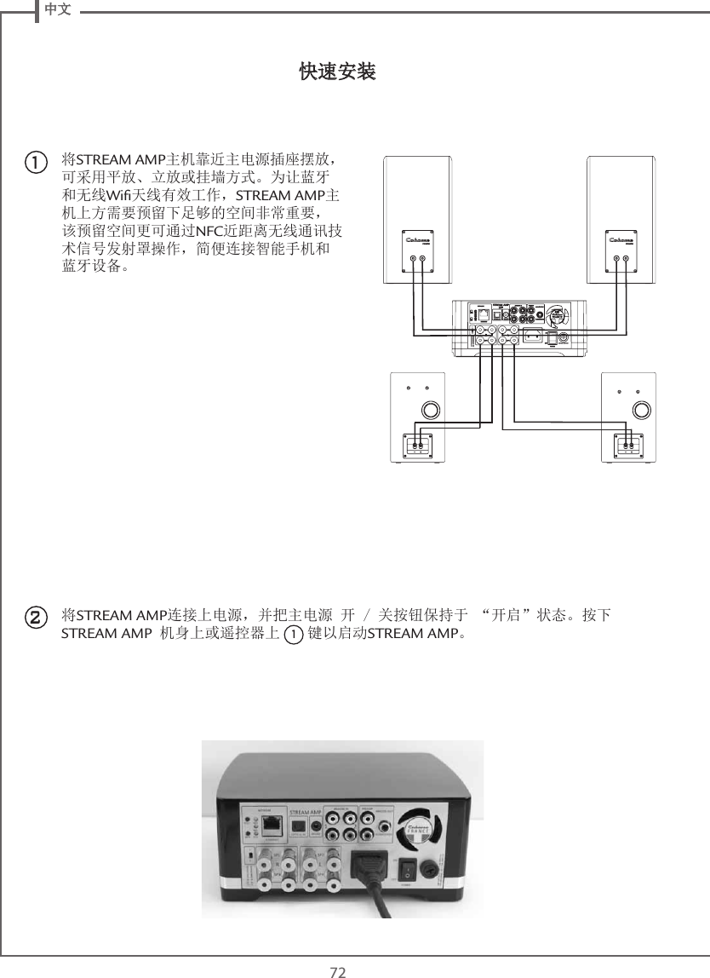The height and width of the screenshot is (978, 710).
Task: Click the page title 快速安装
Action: coord(338,72)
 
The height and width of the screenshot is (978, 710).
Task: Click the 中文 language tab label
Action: coord(57,9)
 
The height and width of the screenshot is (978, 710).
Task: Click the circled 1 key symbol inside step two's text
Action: coord(293,636)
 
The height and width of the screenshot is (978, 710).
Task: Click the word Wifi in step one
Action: coord(114,198)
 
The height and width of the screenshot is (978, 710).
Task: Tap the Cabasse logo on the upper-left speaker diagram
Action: coord(417,240)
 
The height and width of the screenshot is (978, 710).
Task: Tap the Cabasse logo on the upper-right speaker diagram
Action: coord(622,240)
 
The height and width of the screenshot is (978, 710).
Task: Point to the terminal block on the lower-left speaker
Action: coord(418,444)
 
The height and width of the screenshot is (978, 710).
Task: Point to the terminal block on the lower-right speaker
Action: coord(628,444)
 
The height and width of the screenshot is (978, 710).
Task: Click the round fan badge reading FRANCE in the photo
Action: coord(416,827)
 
